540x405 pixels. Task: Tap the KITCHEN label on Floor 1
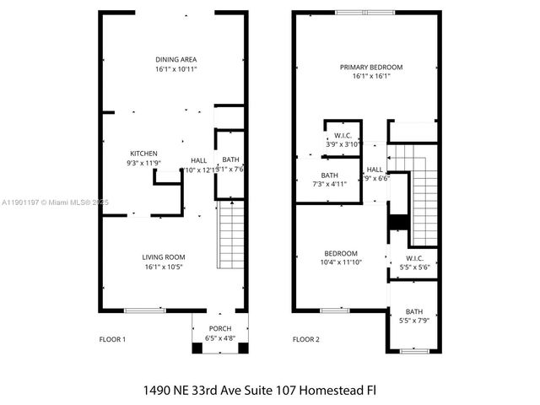pyautogui.click(x=143, y=153)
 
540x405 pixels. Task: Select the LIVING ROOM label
pyautogui.click(x=164, y=257)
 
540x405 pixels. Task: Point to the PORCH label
pyautogui.click(x=219, y=328)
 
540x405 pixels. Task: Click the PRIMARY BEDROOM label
pyautogui.click(x=370, y=67)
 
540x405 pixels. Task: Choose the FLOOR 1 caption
pyautogui.click(x=112, y=339)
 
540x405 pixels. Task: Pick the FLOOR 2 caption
pyautogui.click(x=305, y=339)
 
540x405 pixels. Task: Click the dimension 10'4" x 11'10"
pyautogui.click(x=341, y=262)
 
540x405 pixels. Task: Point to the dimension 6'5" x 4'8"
pyautogui.click(x=219, y=338)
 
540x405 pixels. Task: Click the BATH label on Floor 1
pyautogui.click(x=230, y=159)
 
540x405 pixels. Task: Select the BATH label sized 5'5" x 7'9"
pyautogui.click(x=413, y=311)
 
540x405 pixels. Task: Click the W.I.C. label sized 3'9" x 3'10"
pyautogui.click(x=343, y=135)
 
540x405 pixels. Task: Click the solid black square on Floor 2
pyautogui.click(x=398, y=223)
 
